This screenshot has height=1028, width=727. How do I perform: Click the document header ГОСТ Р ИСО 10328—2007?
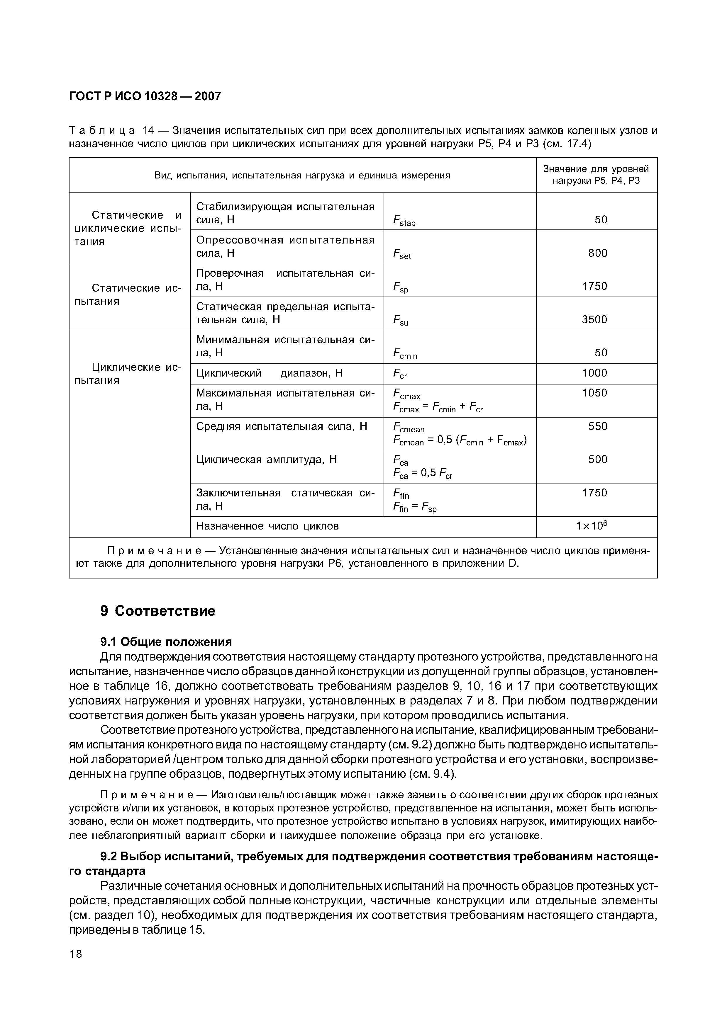(145, 96)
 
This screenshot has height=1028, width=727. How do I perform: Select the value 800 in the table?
(598, 253)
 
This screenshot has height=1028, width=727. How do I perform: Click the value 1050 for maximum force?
(594, 393)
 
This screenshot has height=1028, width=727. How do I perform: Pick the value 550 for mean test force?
(598, 426)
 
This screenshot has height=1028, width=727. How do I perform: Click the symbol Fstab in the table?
(404, 221)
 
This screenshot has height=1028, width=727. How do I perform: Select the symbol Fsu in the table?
(401, 321)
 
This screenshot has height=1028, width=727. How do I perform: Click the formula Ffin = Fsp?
(414, 507)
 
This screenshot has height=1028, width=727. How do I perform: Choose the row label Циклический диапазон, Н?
(269, 373)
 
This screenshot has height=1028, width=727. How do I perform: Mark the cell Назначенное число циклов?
(267, 526)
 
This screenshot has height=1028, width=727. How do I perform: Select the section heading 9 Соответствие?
(158, 611)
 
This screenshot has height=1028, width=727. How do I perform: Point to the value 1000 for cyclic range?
(594, 373)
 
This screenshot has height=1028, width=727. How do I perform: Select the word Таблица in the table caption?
(102, 130)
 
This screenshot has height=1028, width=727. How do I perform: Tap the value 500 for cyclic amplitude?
(598, 459)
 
